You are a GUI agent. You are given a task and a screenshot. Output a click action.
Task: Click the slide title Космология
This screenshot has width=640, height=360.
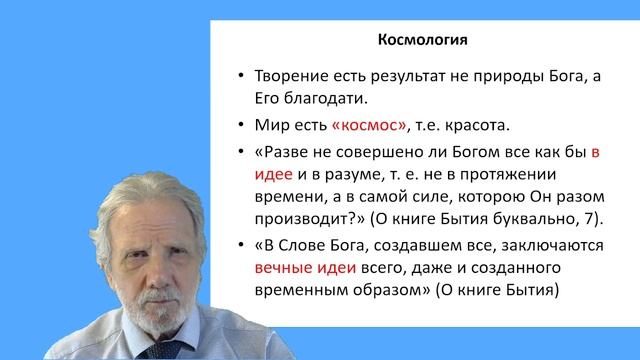(420, 42)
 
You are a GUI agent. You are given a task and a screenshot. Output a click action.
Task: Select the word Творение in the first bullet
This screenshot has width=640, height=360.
(289, 77)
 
